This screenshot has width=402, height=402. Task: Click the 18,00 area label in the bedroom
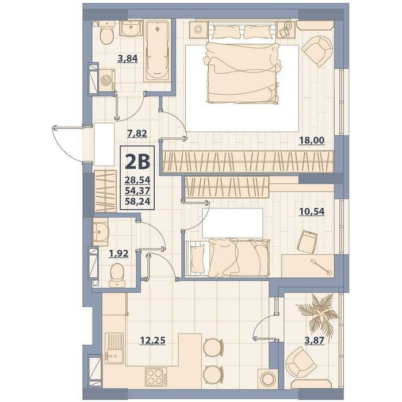(x=312, y=140)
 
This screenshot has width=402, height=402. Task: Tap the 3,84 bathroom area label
(x=128, y=59)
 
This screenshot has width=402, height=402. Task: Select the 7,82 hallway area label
(x=137, y=133)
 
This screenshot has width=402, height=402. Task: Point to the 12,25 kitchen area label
(x=152, y=340)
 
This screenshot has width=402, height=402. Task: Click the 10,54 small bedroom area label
(x=312, y=212)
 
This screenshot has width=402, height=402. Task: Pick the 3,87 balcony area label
(x=315, y=340)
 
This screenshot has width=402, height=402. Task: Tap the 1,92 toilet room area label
(x=118, y=254)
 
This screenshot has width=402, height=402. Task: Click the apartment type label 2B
(x=137, y=162)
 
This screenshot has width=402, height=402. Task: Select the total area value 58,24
(x=137, y=201)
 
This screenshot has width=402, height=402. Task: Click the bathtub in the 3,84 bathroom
(x=158, y=51)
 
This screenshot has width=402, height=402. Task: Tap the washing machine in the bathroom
(x=106, y=80)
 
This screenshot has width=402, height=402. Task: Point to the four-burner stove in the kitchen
(x=156, y=377)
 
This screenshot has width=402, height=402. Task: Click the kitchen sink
(x=114, y=348)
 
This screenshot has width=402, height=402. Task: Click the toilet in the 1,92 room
(x=117, y=275)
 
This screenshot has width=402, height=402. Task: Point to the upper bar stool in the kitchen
(x=213, y=347)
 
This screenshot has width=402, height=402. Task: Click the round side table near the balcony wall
(x=267, y=378)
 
